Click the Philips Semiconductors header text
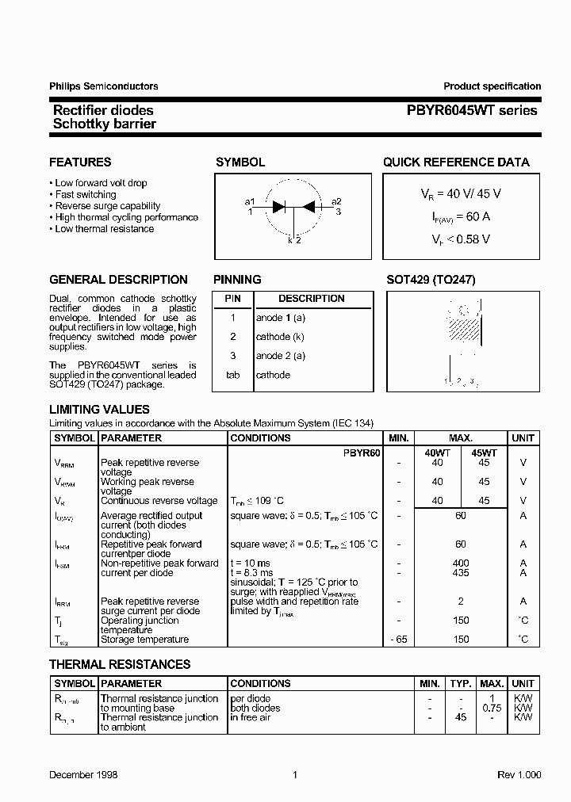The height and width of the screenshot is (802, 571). coord(103,86)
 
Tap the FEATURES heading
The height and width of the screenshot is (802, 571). coord(80,162)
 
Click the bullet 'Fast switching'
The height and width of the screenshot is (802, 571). coord(86,194)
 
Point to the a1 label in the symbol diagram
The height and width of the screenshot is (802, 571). coord(250,201)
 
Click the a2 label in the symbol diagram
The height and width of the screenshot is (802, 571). coord(336,201)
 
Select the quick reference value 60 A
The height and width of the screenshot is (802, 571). coord(455,216)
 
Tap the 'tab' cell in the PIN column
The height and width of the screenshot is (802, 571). coord(232,375)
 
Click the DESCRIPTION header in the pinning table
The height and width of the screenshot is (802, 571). coord(311,299)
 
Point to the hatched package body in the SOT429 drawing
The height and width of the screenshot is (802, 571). coord(465,325)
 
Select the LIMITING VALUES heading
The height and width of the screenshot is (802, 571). coord(99,410)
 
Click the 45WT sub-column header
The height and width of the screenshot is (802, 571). coord(484,451)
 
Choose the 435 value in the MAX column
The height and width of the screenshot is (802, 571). coord(460,572)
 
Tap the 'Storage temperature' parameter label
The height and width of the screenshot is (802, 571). coord(144,639)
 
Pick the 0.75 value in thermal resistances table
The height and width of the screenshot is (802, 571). coord(492,708)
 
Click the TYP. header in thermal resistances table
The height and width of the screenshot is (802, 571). coord(460,683)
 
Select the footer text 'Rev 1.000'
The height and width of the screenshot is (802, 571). coord(519,775)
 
